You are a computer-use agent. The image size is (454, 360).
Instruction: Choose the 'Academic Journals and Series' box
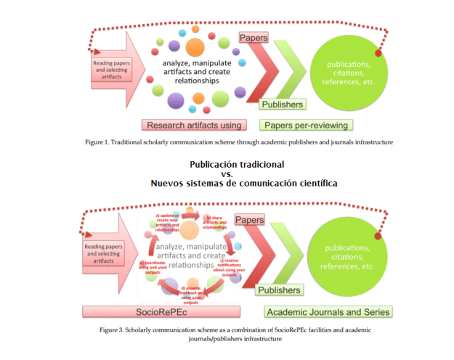(x=329, y=312)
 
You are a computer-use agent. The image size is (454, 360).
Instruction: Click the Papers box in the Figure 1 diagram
(x=254, y=37)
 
